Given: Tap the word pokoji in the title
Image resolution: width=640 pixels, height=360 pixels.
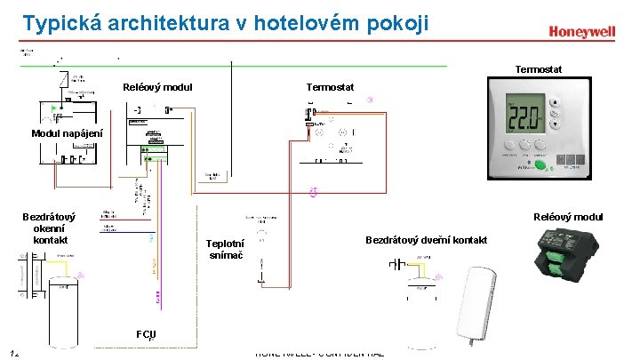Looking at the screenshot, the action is (396, 23).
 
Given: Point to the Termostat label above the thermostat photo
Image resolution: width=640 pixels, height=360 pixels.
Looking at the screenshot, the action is (539, 68).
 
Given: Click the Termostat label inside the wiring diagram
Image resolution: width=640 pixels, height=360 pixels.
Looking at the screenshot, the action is (330, 87).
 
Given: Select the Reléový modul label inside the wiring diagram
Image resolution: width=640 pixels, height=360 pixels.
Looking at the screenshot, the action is (157, 87).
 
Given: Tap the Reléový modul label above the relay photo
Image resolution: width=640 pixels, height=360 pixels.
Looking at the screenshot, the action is (568, 216).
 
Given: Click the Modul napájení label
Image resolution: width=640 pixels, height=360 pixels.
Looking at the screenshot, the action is (67, 133).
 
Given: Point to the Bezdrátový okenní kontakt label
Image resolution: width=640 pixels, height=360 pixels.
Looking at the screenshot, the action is (49, 228).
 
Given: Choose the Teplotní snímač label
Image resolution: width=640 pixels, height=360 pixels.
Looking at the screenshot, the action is (224, 250).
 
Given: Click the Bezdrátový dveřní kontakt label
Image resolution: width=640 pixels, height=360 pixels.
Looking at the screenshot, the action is (426, 240).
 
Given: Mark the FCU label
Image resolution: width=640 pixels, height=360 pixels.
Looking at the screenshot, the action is (147, 334).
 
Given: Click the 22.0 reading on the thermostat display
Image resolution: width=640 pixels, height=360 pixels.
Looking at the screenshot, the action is (524, 116).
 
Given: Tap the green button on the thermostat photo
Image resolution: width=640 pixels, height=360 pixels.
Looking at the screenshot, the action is (539, 164).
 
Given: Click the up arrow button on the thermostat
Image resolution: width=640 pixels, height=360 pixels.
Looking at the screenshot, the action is (556, 102).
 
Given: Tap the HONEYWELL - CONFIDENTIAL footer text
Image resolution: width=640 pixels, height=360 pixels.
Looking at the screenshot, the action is (319, 354).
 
